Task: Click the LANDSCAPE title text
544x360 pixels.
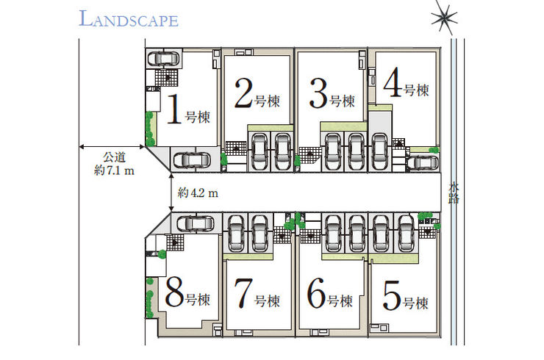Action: point(128,19)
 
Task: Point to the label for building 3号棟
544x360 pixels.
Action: point(332,94)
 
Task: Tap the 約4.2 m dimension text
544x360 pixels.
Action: point(198,193)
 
